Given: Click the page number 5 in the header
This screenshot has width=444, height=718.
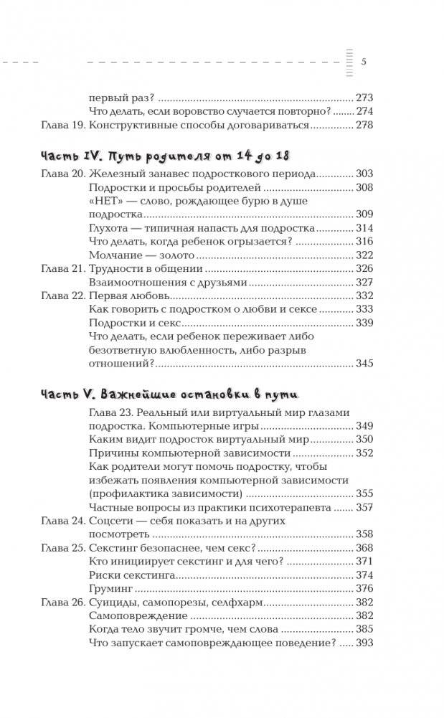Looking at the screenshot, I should coord(364,61).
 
